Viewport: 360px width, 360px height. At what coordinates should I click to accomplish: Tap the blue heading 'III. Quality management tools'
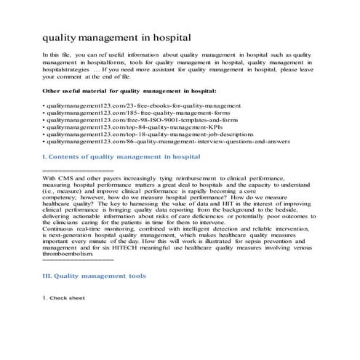click(95, 276)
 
